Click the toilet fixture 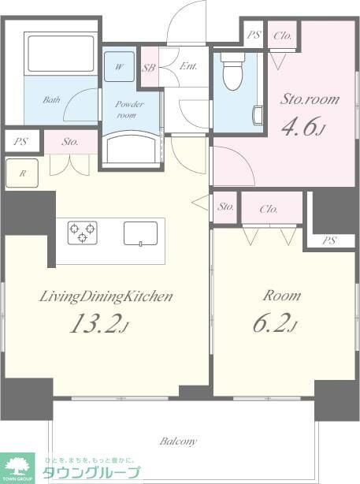[x=233, y=73]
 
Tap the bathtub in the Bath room [x=61, y=54]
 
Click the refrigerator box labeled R [x=21, y=173]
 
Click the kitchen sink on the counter [x=140, y=233]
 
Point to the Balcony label [x=178, y=441]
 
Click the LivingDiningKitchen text [x=107, y=296]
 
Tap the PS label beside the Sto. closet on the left [x=20, y=143]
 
